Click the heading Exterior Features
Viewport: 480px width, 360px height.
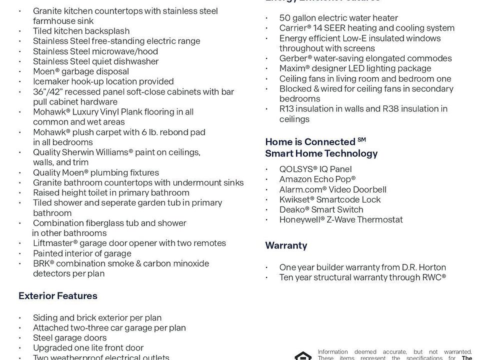click(x=58, y=296)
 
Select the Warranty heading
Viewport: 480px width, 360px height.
click(x=286, y=245)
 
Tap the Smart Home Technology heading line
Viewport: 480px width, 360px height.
click(x=321, y=153)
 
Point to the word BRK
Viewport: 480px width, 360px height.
click(x=41, y=263)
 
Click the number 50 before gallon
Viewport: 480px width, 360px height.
click(x=285, y=18)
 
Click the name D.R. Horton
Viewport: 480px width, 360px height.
click(x=424, y=267)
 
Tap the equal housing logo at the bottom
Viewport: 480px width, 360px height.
click(x=303, y=355)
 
